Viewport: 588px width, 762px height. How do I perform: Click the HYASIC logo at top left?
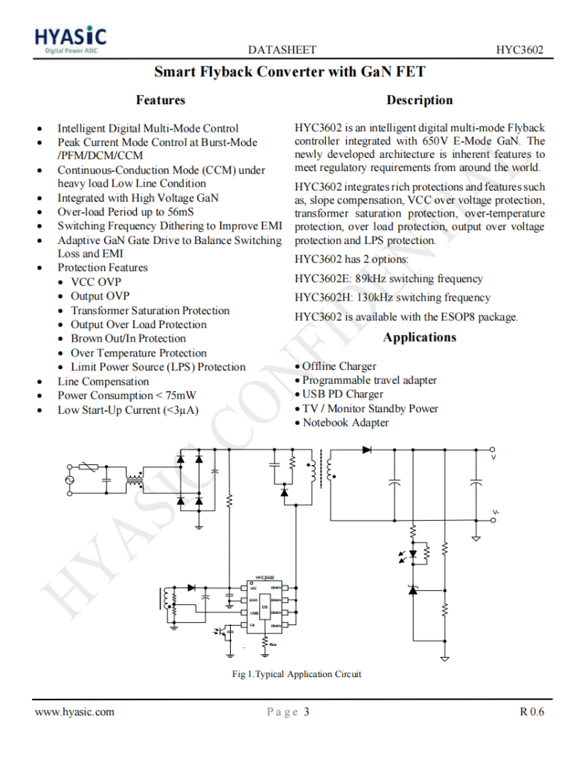[x=71, y=39]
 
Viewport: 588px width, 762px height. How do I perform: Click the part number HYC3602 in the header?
[x=520, y=50]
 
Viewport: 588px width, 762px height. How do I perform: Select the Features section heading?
[x=160, y=100]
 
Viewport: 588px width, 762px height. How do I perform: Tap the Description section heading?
[x=419, y=100]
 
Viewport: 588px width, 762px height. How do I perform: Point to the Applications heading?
[x=419, y=337]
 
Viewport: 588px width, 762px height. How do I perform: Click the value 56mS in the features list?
[x=179, y=211]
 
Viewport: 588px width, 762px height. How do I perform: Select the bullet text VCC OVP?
[x=95, y=282]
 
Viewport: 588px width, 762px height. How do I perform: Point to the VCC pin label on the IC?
[x=254, y=588]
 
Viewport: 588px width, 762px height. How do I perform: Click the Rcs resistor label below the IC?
[x=274, y=644]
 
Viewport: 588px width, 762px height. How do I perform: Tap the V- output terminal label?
[x=496, y=513]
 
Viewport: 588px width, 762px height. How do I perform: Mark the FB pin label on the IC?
[x=253, y=626]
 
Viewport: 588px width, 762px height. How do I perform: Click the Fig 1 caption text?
[x=297, y=674]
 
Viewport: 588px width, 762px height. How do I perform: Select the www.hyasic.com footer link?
[x=75, y=712]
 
